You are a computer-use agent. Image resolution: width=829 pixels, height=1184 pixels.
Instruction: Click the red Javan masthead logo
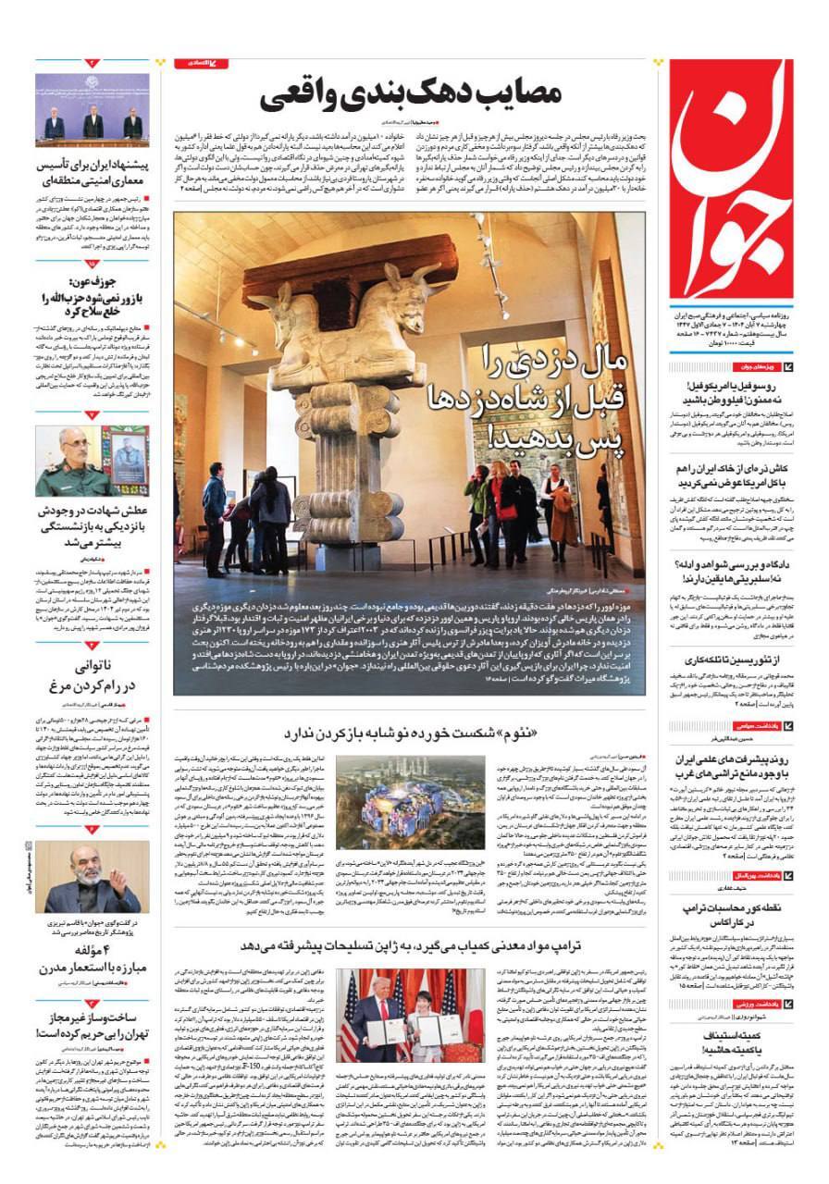click(731, 176)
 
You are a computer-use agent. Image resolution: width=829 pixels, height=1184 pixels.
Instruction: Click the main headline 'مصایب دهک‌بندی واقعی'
click(411, 95)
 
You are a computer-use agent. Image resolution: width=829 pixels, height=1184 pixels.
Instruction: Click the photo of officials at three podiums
click(92, 111)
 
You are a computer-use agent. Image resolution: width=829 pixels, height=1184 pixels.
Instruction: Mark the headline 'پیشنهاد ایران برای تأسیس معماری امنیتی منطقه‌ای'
click(93, 176)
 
